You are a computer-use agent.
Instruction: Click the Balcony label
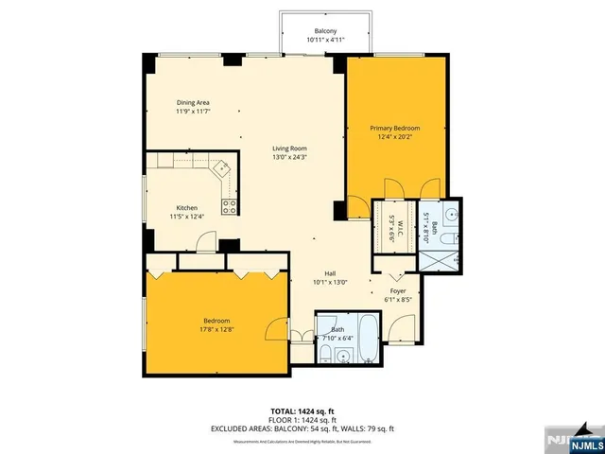tap(326, 31)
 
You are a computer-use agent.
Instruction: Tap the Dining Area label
tap(193, 102)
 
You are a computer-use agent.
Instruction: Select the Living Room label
tap(291, 148)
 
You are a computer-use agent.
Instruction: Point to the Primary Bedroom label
tap(394, 128)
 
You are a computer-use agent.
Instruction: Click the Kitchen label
tap(186, 208)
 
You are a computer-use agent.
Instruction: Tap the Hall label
tap(331, 272)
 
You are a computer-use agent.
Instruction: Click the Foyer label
tap(398, 290)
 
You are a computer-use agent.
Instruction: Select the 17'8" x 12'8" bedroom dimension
tap(217, 330)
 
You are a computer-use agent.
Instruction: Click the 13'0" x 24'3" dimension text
tap(291, 157)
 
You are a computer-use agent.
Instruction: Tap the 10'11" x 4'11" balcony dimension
tap(326, 41)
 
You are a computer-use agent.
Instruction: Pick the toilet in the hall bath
tap(324, 355)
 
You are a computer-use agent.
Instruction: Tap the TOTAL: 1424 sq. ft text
tap(302, 410)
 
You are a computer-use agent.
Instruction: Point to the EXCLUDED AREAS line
tap(302, 428)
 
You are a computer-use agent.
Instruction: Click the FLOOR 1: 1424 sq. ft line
tap(302, 420)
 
